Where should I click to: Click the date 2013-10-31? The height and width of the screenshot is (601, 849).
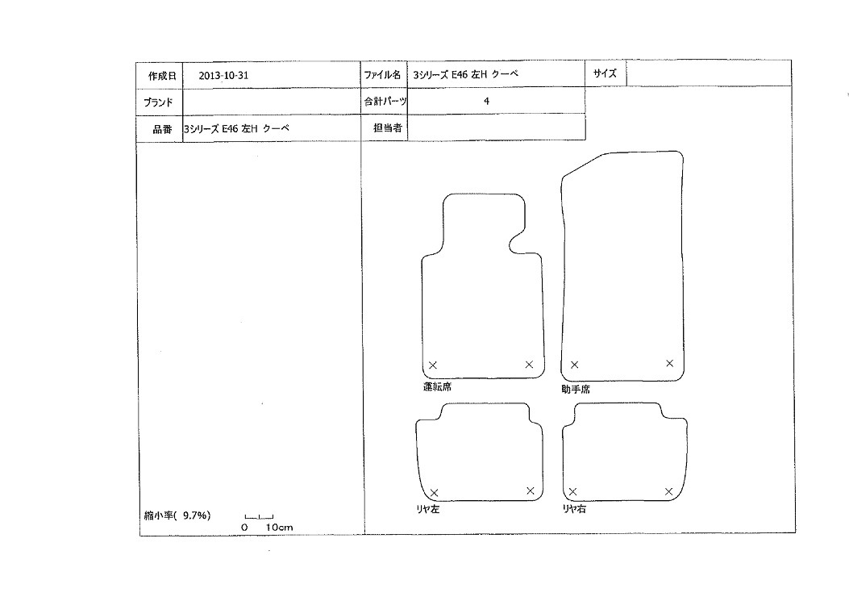223,76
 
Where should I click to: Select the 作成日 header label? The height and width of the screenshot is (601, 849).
162,77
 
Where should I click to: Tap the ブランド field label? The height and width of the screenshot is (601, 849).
158,102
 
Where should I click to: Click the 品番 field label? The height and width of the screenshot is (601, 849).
162,129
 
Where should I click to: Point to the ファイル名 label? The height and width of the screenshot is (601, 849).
382,75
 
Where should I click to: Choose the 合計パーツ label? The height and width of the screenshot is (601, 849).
385,101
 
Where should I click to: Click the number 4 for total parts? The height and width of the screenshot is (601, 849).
486,101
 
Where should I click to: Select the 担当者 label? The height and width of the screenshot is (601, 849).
387,128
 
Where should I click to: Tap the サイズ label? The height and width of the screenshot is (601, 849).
604,73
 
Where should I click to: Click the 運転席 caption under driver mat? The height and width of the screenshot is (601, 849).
437,387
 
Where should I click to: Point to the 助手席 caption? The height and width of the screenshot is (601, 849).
575,389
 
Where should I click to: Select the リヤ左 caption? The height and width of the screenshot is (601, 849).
427,509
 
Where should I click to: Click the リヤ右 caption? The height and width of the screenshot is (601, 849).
573,509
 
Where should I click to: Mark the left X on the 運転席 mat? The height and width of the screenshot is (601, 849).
433,365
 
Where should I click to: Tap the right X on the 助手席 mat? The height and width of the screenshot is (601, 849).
670,363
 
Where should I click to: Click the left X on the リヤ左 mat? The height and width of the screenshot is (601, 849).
435,493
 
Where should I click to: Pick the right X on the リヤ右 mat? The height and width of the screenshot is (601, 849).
668,491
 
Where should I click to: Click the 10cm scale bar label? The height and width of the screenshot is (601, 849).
279,528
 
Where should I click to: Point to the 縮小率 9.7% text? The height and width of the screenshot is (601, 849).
177,515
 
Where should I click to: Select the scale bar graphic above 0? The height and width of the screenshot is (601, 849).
259,517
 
